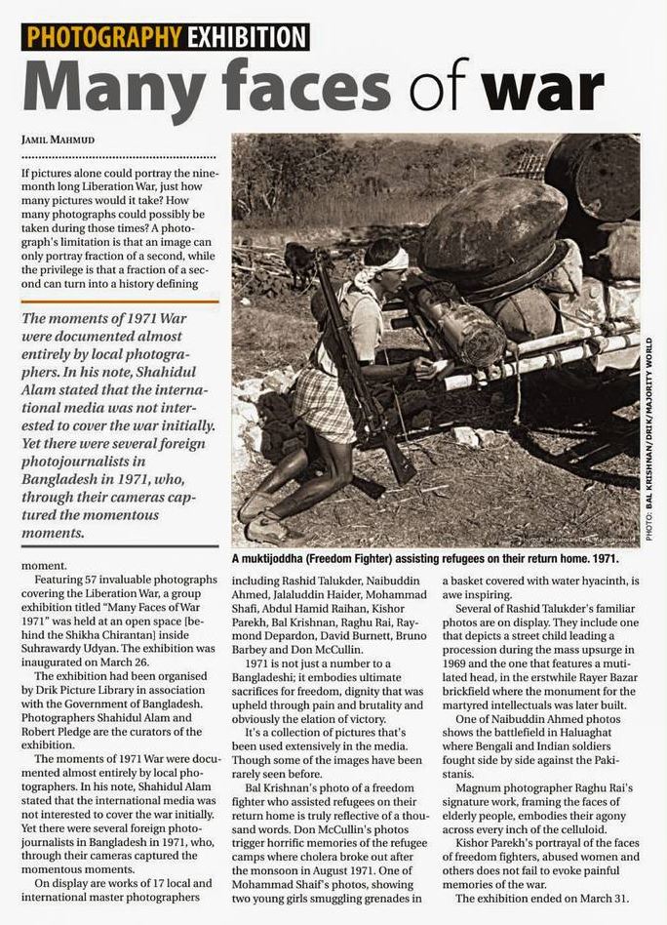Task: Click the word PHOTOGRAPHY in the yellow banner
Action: [x=102, y=37]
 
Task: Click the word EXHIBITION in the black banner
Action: [x=244, y=37]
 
